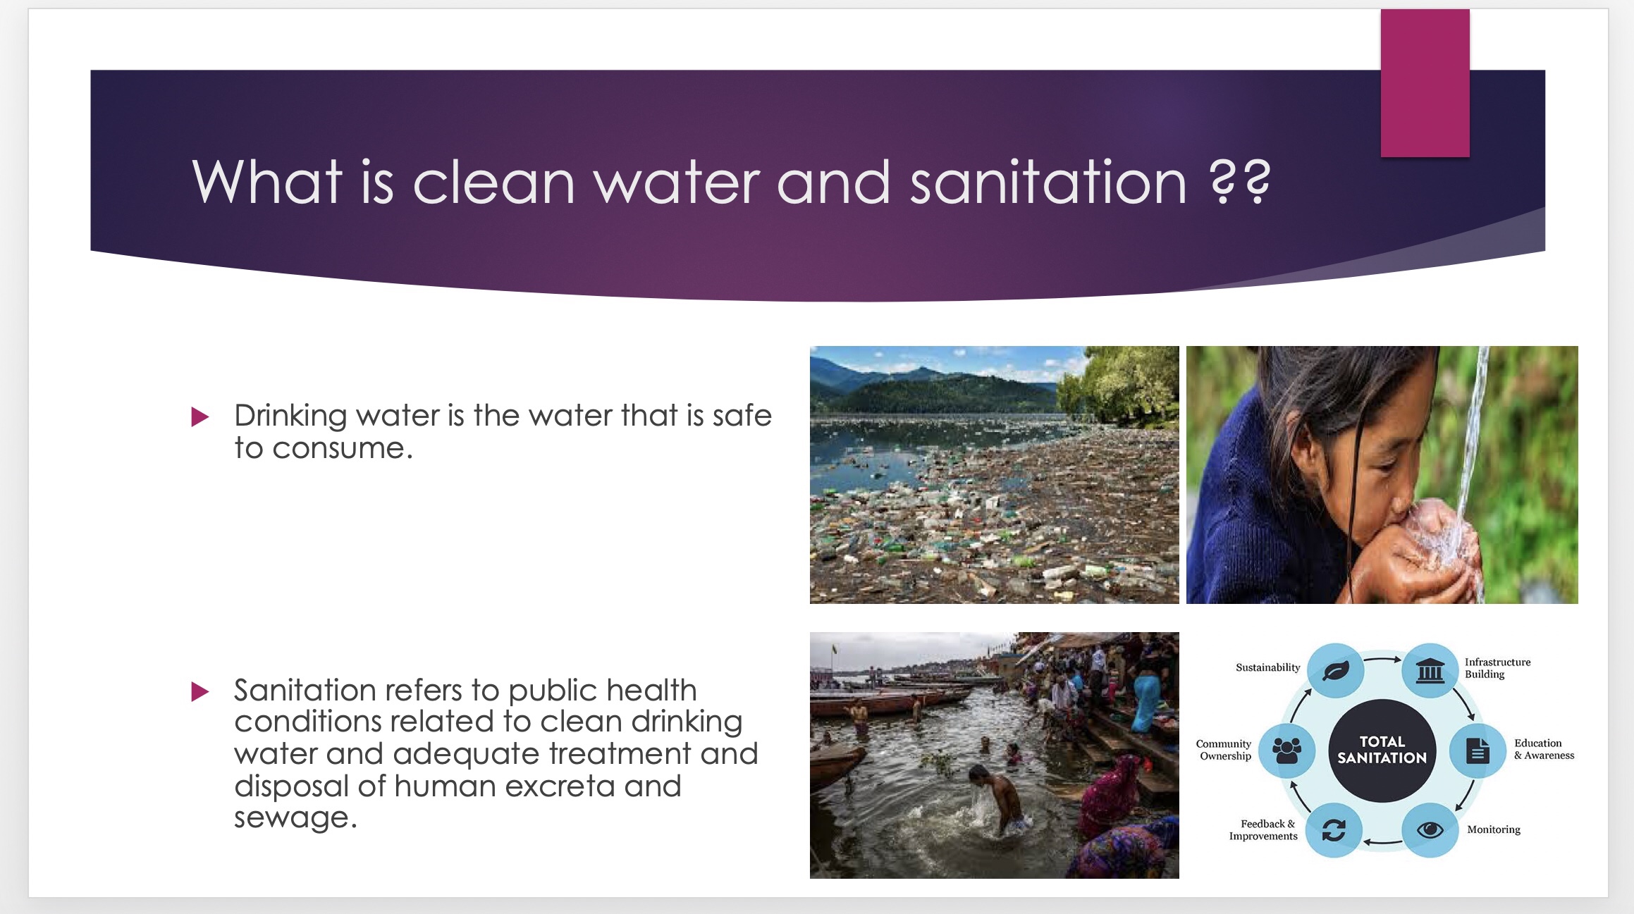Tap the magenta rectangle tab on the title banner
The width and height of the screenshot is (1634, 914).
coord(1425,82)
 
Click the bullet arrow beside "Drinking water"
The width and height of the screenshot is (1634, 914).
coord(200,417)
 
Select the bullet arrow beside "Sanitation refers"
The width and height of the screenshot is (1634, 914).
coord(200,691)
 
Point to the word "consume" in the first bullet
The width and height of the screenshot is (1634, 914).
coord(338,449)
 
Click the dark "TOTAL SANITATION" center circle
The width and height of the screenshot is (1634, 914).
coord(1382,751)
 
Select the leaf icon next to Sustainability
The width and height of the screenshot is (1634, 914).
coord(1336,670)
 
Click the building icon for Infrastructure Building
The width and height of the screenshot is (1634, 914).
coord(1430,670)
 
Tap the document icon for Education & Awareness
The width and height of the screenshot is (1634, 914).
coord(1478,751)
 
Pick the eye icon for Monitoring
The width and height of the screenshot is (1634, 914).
coord(1430,830)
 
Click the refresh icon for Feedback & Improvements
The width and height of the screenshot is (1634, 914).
coord(1334,830)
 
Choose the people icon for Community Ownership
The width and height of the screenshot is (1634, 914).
coord(1286,751)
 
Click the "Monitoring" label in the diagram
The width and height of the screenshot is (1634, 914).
coord(1494,829)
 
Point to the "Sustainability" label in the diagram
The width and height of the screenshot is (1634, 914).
coord(1267,667)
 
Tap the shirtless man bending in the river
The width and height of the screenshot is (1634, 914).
coord(997,800)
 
